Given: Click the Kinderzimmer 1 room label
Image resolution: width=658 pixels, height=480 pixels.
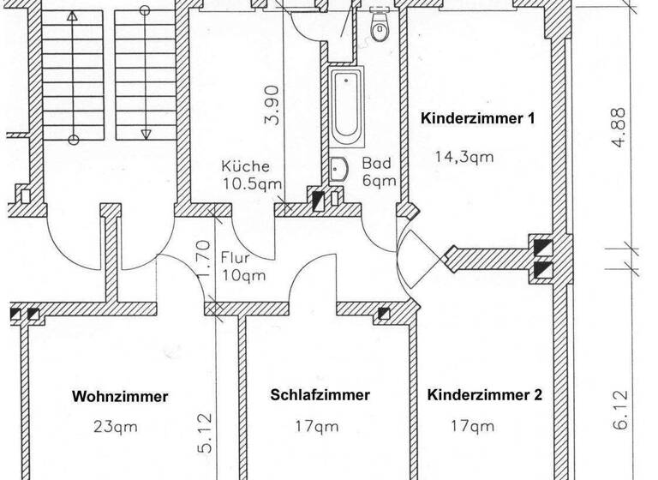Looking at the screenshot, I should click(x=477, y=119).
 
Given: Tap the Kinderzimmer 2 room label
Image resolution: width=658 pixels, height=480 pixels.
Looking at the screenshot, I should click(x=484, y=395).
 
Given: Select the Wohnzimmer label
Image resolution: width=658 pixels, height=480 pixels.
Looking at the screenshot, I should click(x=120, y=396).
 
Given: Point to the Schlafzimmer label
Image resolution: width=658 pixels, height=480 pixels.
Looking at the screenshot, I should click(x=320, y=395).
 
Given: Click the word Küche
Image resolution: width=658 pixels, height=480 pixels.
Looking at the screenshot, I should click(x=245, y=166).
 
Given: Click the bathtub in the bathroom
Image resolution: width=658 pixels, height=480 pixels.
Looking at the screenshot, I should click(x=348, y=107).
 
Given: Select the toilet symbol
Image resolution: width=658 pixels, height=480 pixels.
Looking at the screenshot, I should click(x=380, y=28).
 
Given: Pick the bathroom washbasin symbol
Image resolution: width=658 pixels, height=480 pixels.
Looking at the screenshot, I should click(x=337, y=169).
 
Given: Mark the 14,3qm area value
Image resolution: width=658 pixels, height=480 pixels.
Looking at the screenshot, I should click(x=464, y=157).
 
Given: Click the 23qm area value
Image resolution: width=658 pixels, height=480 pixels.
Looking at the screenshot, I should click(x=117, y=426).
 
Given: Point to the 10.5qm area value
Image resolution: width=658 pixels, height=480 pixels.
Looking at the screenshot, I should click(x=252, y=183).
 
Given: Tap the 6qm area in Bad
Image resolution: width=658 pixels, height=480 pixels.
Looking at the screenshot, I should click(x=379, y=181).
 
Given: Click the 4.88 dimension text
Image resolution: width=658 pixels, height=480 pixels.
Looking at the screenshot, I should click(x=620, y=127).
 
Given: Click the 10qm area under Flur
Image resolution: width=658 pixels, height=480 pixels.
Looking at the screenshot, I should click(x=242, y=275).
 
